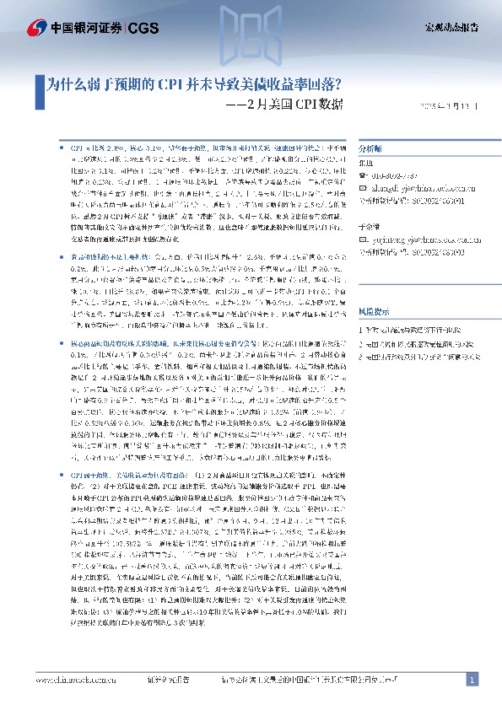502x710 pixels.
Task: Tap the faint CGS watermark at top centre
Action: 251,38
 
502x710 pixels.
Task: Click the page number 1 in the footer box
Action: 472,680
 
